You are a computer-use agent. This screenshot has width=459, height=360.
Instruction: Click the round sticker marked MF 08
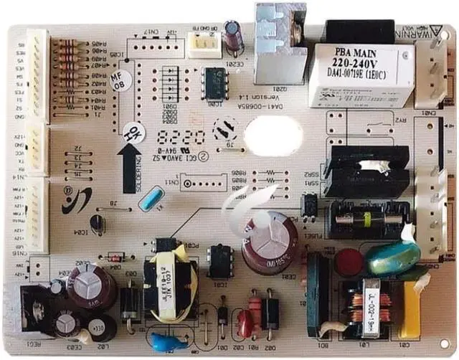tap(118, 81)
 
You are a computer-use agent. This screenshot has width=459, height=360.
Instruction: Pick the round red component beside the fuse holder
tap(349, 262)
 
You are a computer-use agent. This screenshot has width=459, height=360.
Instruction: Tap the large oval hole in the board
tap(273, 133)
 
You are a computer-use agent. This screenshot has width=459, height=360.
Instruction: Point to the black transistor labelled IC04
tap(98, 223)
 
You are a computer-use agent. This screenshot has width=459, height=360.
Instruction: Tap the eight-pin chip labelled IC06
tap(214, 83)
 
